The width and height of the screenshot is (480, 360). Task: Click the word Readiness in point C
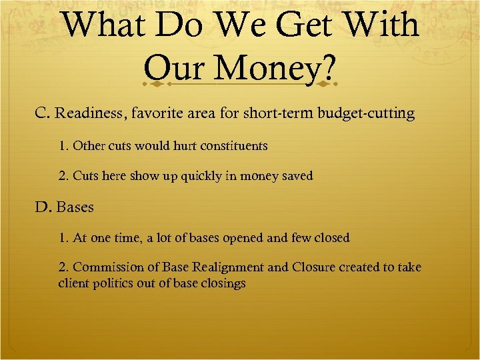(88, 113)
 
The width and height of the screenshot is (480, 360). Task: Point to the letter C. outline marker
(43, 113)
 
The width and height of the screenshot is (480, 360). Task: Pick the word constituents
(235, 145)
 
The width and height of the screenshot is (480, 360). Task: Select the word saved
(296, 176)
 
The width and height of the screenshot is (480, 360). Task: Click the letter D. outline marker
(43, 207)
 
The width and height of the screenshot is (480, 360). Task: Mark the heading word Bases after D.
(75, 207)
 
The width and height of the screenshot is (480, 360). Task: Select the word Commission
(105, 267)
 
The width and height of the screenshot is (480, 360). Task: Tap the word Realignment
(227, 267)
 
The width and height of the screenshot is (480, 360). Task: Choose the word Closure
(312, 267)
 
